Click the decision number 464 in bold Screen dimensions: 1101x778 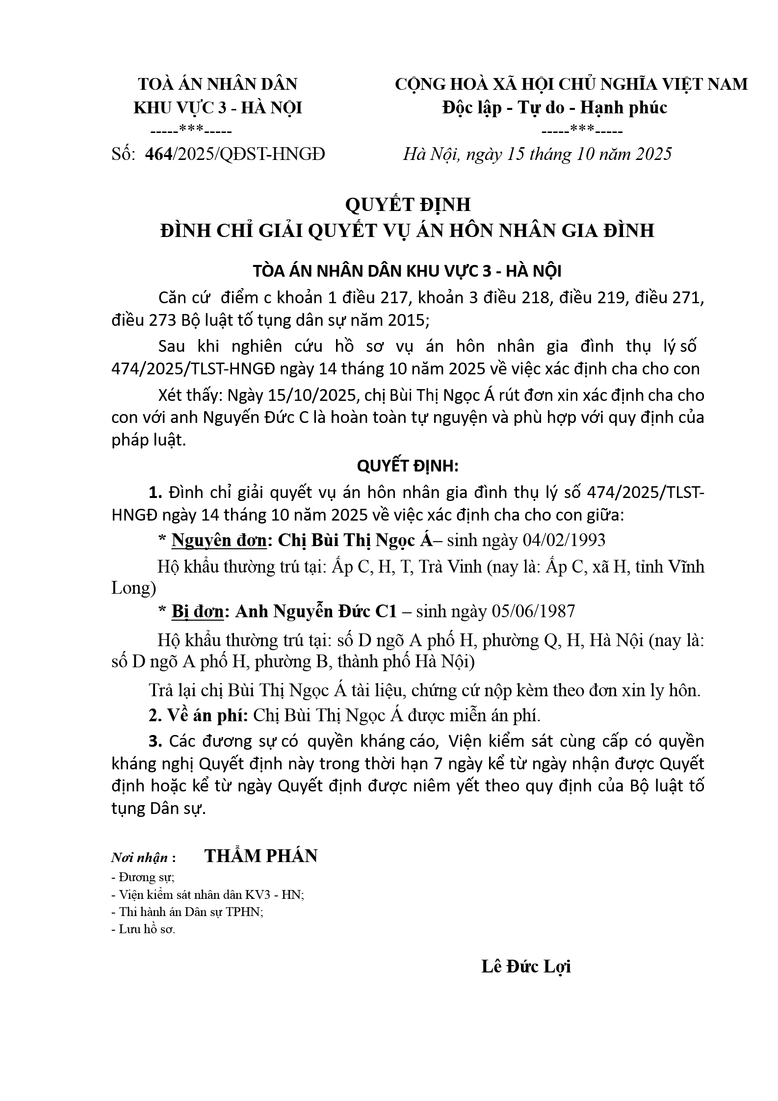coord(158,154)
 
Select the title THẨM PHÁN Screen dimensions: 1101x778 coord(261,856)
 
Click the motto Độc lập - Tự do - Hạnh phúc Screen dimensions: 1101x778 coord(554,107)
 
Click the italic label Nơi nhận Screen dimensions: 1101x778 coord(140,858)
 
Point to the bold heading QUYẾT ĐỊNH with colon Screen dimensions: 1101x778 coord(408,466)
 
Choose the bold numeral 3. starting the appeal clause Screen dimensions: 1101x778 coord(156,741)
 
